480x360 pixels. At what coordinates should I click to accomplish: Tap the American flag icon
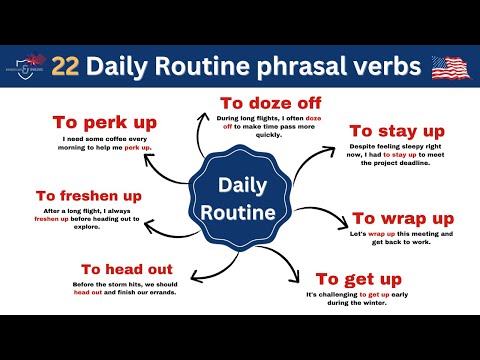pyautogui.click(x=451, y=67)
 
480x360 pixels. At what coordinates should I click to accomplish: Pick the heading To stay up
pyautogui.click(x=396, y=130)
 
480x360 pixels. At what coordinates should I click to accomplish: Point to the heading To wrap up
pyautogui.click(x=403, y=218)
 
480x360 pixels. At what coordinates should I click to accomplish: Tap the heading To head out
pyautogui.click(x=127, y=269)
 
